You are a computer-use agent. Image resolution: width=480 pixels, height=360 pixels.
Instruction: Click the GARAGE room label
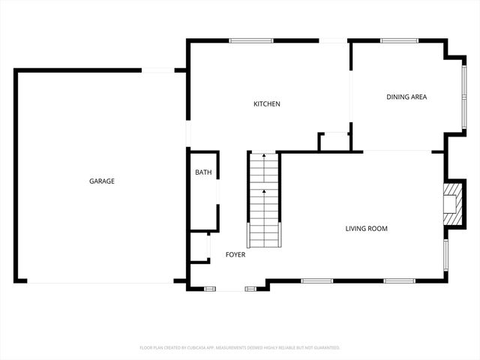coord(102,181)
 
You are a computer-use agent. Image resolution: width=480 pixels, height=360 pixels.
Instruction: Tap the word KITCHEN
coord(266,104)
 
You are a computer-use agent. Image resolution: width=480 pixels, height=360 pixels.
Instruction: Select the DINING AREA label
coord(406,97)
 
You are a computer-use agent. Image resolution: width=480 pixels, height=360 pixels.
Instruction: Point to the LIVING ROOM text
coord(366,229)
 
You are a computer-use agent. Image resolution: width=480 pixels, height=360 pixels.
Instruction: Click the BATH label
coord(203,172)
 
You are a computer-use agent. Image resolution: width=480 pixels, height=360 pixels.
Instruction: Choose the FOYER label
coord(235,255)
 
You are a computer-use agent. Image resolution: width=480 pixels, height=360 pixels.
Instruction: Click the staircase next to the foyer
coord(264,200)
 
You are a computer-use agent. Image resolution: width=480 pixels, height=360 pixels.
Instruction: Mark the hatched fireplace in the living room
coord(451,202)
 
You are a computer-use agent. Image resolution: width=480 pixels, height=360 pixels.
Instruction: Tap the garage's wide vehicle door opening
coord(101,282)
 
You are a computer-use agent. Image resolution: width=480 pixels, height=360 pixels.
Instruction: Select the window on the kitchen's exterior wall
coord(251,40)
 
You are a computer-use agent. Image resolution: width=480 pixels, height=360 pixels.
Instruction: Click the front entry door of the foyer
coord(229,288)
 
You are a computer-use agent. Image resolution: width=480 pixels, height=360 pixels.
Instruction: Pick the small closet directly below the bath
coord(198,247)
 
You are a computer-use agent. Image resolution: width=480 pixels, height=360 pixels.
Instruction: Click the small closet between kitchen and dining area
coord(334,141)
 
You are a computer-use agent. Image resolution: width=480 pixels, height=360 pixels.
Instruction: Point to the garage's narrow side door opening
coord(157,70)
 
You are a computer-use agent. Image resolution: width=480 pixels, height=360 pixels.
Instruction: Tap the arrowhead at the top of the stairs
coord(264,156)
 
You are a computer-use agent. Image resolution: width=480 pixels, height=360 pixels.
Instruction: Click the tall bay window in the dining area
coord(463,97)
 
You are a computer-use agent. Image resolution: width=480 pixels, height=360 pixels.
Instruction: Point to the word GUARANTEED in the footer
coord(324,347)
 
